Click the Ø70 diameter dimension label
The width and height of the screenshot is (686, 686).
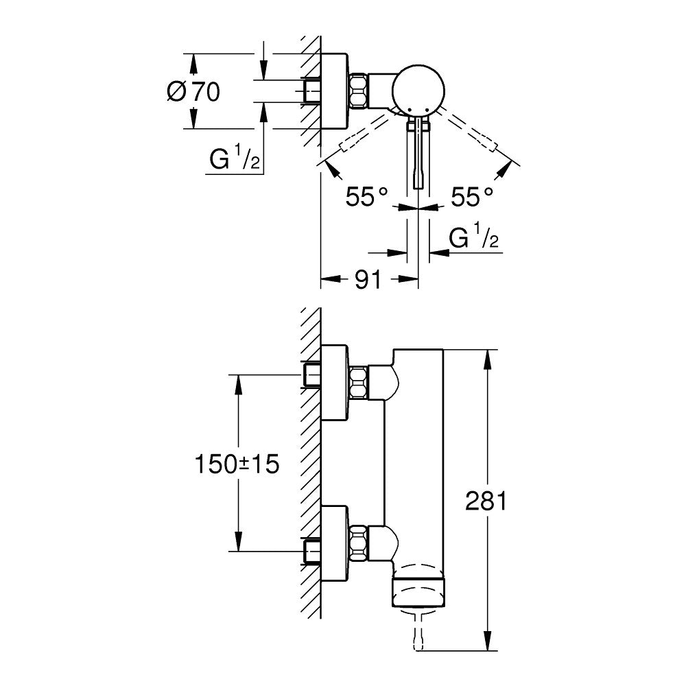tap(193, 91)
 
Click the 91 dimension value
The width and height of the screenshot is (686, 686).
tap(368, 279)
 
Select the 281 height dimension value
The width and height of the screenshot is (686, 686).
tap(486, 501)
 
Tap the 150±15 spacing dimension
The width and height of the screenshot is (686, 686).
tap(237, 464)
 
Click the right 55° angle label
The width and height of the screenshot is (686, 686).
tap(473, 198)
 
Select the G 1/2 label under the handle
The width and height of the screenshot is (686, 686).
tap(473, 238)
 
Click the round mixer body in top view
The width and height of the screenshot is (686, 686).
tap(419, 89)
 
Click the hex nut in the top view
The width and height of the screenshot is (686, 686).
tap(359, 91)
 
